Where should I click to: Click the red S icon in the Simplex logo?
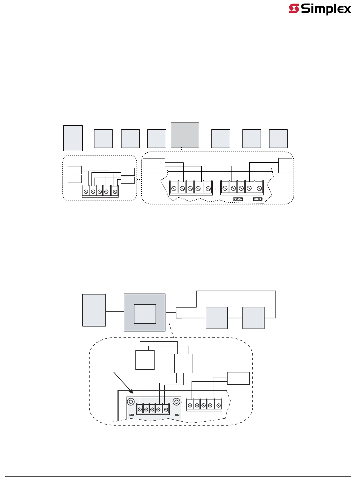pos(294,9)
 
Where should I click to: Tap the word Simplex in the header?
pos(326,9)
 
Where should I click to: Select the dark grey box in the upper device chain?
pos(185,135)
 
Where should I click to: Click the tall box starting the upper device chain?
pos(73,138)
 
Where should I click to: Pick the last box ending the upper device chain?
pos(278,139)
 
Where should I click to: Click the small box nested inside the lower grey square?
pos(145,314)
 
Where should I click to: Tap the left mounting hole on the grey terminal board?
pos(131,402)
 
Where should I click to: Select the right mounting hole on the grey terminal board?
pos(177,402)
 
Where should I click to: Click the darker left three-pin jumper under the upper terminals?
pos(238,199)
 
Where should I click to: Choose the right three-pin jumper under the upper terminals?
pos(258,199)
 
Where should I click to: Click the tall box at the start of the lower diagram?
pos(94,310)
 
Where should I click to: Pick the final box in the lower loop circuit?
pos(253,318)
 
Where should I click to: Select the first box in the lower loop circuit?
pos(217,318)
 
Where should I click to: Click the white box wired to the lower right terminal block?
pos(238,378)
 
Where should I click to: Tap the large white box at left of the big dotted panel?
pos(154,166)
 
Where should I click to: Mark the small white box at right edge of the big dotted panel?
pos(285,165)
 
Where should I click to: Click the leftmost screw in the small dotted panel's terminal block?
pos(86,191)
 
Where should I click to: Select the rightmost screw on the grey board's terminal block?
pos(166,409)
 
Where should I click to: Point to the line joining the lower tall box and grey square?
pos(115,312)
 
